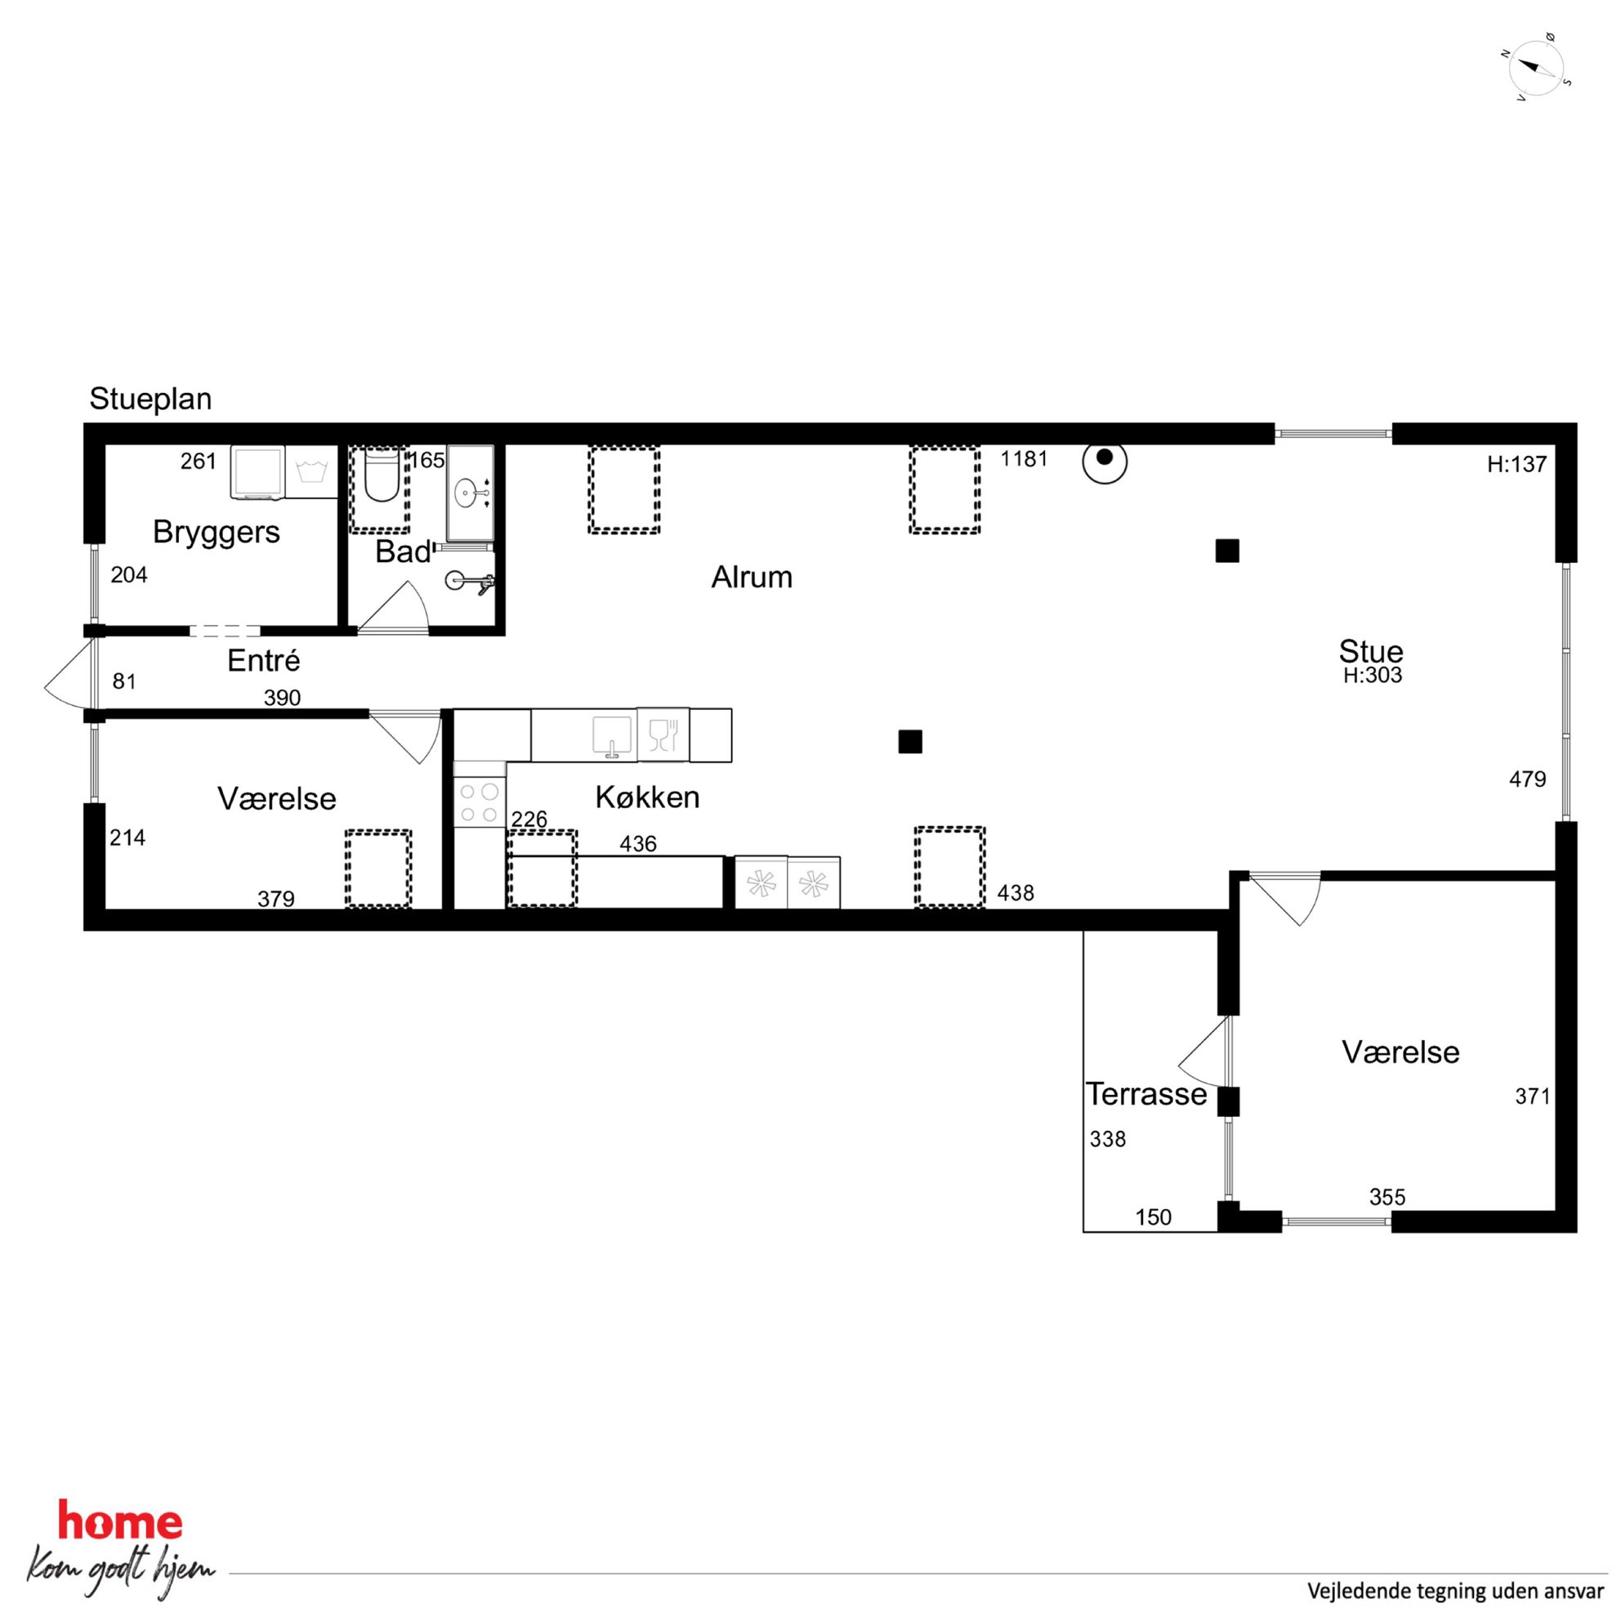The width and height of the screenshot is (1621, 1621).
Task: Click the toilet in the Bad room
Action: click(382, 475)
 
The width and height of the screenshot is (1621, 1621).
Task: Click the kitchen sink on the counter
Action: click(613, 736)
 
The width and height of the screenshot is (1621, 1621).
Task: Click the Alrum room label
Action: click(752, 578)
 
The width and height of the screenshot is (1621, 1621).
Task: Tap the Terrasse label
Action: click(1146, 1094)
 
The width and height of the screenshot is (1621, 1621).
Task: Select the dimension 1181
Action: click(1025, 459)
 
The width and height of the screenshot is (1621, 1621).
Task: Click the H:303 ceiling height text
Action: click(1373, 676)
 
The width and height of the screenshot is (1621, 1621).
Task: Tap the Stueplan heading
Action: click(151, 399)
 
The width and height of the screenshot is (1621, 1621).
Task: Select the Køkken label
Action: click(647, 797)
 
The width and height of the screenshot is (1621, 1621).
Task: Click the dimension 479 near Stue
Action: click(1527, 779)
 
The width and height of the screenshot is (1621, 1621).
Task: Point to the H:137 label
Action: click(1517, 464)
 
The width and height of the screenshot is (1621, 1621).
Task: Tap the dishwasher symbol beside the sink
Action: click(663, 735)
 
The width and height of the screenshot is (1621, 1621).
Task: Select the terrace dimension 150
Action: click(1154, 1217)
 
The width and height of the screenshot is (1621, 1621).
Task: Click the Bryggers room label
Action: click(217, 532)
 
